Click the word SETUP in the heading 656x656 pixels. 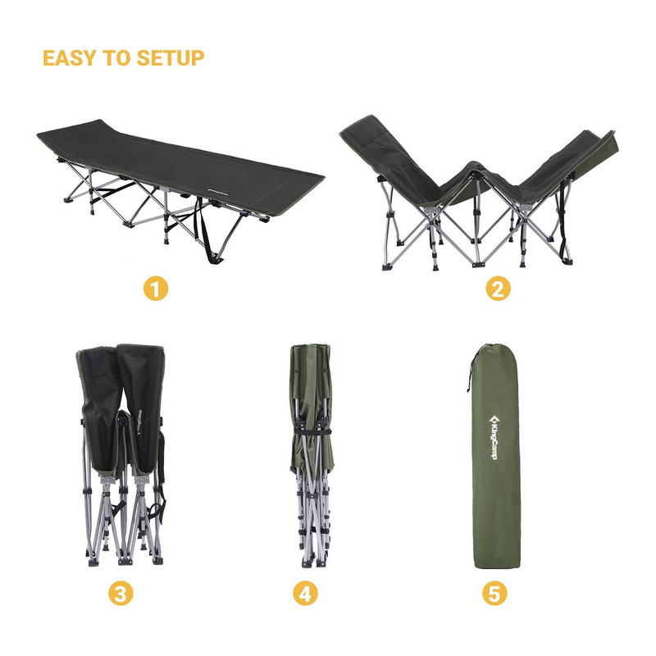point(171,57)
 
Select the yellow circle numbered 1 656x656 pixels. point(156,289)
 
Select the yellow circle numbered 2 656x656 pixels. point(498,289)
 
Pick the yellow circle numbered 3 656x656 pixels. point(121,593)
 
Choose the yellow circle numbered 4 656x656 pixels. point(305,593)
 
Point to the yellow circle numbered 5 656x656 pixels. point(494,593)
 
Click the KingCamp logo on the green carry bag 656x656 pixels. point(494,437)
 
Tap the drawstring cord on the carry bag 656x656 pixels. point(471,371)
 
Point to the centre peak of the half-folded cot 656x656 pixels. point(473,166)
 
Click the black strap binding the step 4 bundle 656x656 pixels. point(312,430)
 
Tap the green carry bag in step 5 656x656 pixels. point(494,456)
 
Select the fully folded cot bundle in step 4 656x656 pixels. point(312,455)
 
